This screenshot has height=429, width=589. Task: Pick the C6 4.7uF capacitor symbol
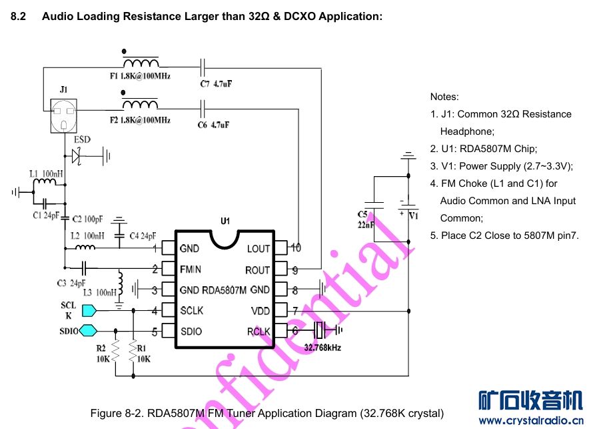pyautogui.click(x=204, y=107)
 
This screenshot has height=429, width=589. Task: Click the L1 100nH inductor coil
pyautogui.click(x=45, y=183)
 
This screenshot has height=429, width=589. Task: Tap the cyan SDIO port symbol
pyautogui.click(x=89, y=330)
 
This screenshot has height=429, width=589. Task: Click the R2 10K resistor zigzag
pyautogui.click(x=115, y=350)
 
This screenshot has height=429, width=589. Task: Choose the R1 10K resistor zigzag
pyautogui.click(x=133, y=350)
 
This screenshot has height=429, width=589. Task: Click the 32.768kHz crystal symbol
pyautogui.click(x=320, y=330)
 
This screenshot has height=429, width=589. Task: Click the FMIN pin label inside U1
pyautogui.click(x=191, y=270)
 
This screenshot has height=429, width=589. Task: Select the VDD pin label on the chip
pyautogui.click(x=260, y=310)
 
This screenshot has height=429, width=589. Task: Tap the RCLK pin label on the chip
pyautogui.click(x=259, y=331)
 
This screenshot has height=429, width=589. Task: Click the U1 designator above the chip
pyautogui.click(x=225, y=222)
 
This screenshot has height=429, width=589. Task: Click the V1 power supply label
pyautogui.click(x=413, y=216)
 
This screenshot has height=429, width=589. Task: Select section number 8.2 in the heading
pyautogui.click(x=18, y=16)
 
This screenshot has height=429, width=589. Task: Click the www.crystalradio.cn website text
pyautogui.click(x=530, y=420)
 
